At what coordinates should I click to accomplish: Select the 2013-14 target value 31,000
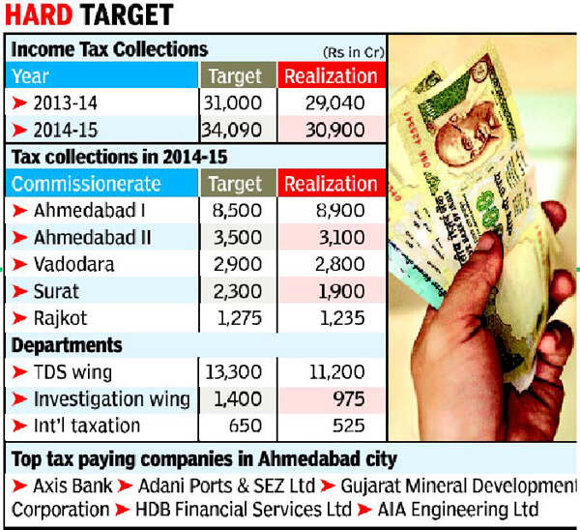pos(236,102)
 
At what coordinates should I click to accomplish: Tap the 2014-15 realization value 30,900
pos(330,130)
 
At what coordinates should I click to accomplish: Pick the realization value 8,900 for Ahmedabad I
pos(330,211)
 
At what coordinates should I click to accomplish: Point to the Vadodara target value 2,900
pos(236,264)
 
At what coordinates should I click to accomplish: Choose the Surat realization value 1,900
pos(330,291)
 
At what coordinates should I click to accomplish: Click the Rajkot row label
pos(61,318)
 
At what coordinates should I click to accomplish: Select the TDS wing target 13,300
pos(236,372)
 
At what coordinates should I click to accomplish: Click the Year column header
pos(30,74)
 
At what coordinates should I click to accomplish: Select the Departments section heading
pos(67,345)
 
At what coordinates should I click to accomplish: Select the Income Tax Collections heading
pos(109,48)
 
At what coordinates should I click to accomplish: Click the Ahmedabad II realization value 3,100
pos(330,237)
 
